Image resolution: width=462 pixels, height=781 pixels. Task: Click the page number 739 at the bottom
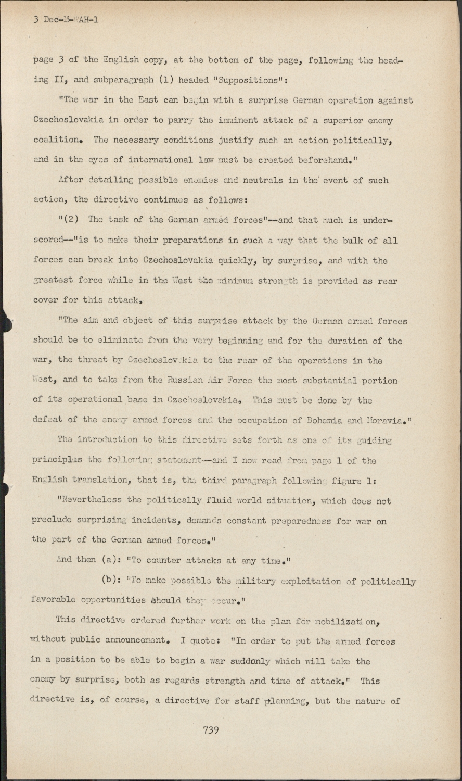coord(211,730)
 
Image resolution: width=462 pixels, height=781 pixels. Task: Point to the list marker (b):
coord(111,581)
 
